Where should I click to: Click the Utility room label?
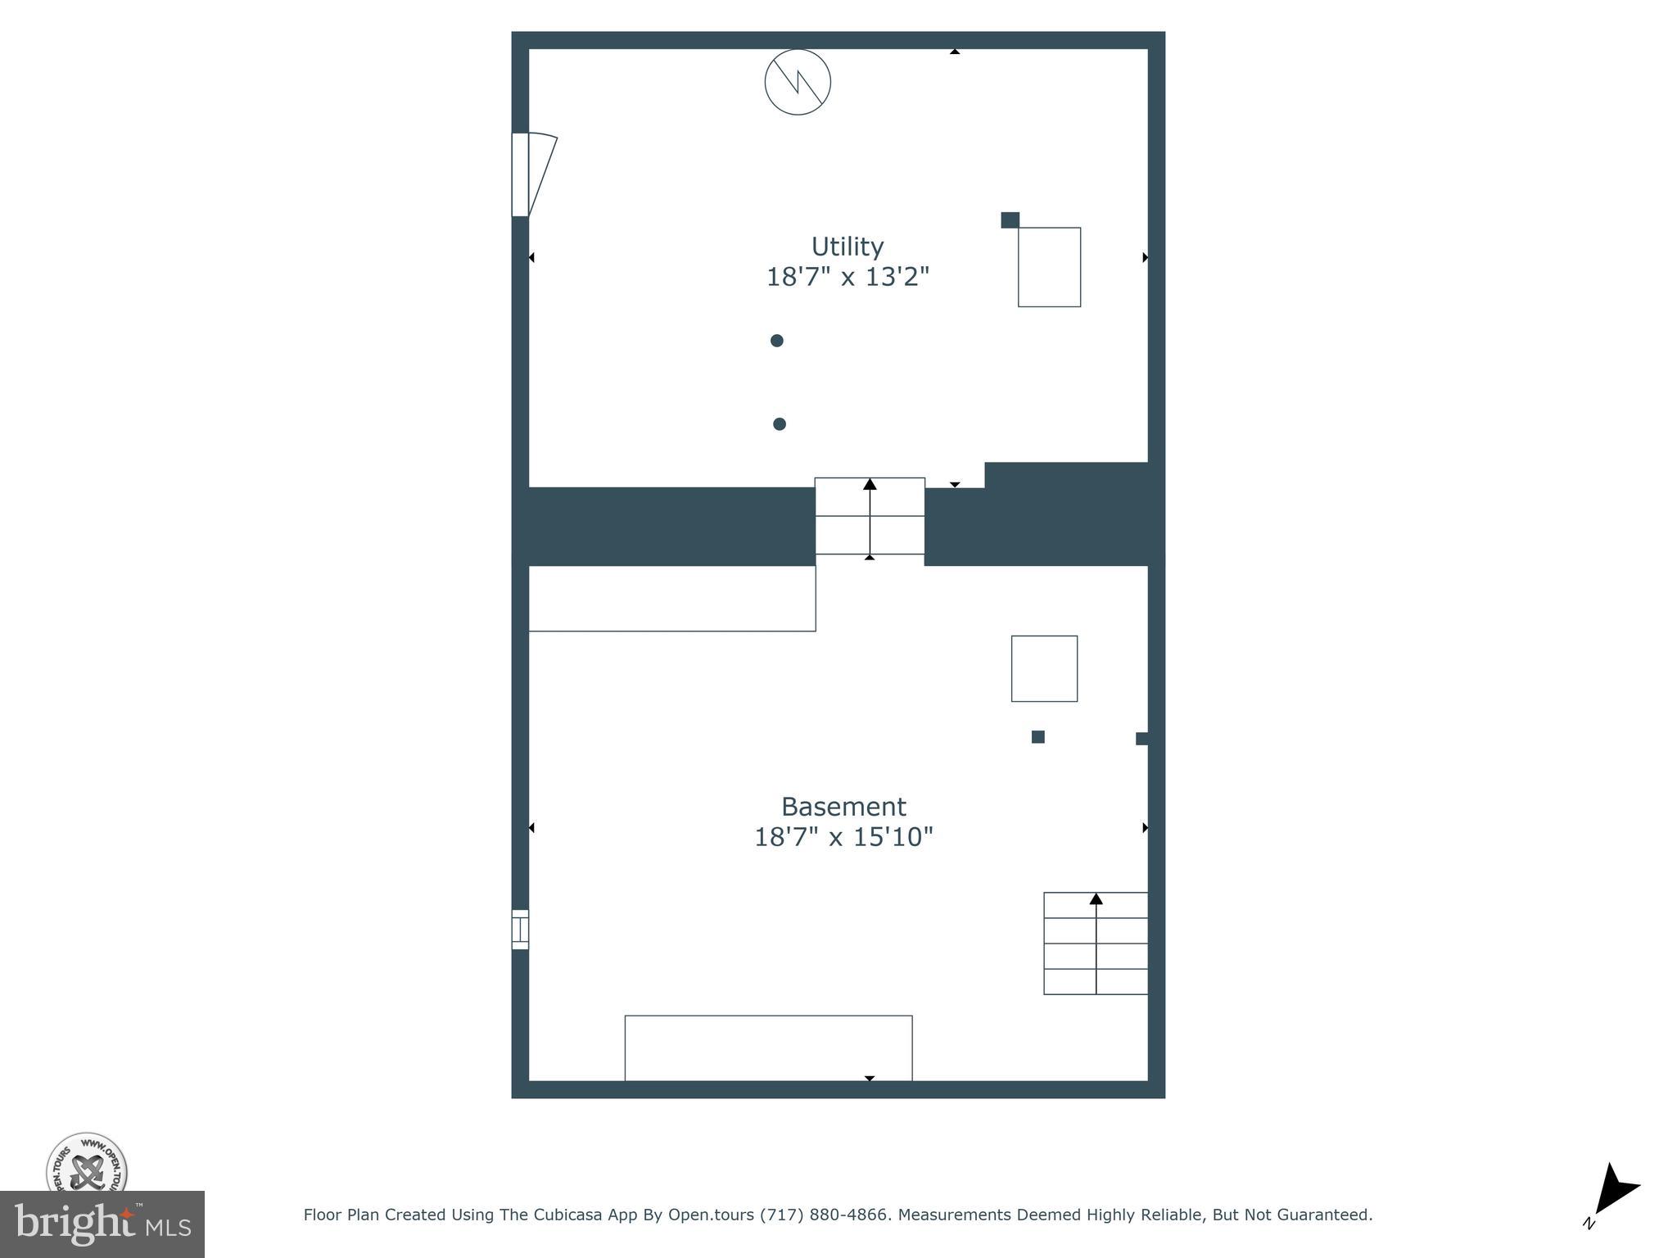tap(847, 247)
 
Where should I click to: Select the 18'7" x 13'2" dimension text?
tap(847, 278)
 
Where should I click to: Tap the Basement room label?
tap(843, 807)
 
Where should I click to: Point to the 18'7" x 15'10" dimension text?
tap(843, 837)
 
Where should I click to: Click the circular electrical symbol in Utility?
tap(798, 82)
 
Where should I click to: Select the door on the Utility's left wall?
tap(530, 174)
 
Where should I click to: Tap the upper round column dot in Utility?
tap(777, 341)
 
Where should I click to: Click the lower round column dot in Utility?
tap(780, 424)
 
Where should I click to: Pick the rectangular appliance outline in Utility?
tap(1049, 267)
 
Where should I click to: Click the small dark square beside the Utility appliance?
tap(1010, 219)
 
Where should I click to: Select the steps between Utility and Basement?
tap(870, 516)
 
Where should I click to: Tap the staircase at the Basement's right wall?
tap(1096, 943)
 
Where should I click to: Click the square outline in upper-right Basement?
tap(1044, 668)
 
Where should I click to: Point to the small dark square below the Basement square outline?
tap(1037, 737)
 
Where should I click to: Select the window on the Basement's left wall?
tap(520, 930)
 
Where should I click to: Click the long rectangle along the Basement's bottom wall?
tap(768, 1048)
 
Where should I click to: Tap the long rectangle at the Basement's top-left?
tap(671, 599)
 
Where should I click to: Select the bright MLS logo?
tap(102, 1224)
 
